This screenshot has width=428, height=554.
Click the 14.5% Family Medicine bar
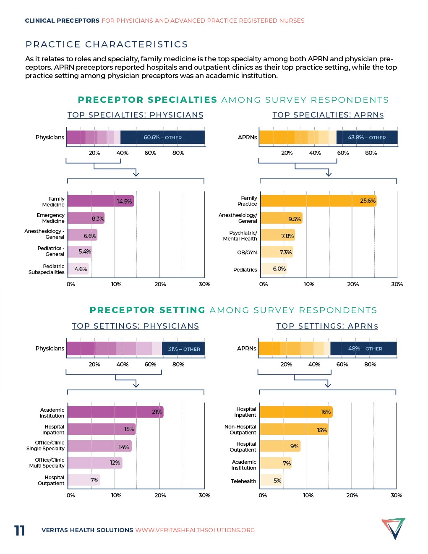pos(101,201)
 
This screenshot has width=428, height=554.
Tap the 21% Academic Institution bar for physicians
pos(115,412)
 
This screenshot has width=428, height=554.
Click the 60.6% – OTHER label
pos(162,138)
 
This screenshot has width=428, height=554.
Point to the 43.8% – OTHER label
pos(366,138)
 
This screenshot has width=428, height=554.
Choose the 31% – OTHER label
pos(184,349)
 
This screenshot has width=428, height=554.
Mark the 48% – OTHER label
pos(365,349)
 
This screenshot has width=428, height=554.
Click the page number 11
pos(20,530)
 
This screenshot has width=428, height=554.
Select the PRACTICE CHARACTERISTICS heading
pos(107,44)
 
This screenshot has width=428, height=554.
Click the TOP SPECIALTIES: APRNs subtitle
pos(328,115)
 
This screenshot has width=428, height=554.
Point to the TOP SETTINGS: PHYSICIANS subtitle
pos(135,326)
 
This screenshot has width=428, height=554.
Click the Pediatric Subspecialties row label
pos(47,269)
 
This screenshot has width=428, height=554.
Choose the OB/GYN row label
pos(247,253)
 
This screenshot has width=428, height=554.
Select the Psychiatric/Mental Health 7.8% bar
pos(278,235)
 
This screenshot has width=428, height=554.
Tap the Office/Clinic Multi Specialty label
pos(47,463)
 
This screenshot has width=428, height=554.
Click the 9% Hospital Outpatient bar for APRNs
pos(280,446)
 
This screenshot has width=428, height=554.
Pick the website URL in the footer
pos(195,530)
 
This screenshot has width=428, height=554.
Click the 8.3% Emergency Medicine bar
pos(86,218)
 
